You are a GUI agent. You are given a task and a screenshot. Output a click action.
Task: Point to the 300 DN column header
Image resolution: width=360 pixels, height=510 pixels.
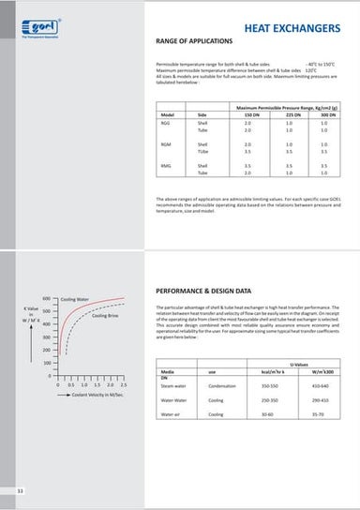[323, 115]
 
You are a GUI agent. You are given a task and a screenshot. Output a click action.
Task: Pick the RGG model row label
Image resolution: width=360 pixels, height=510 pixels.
[166, 123]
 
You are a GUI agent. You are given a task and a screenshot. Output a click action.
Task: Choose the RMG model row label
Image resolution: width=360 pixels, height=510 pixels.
[166, 165]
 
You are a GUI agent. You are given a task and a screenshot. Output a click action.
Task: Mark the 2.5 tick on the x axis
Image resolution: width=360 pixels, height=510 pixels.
[124, 384]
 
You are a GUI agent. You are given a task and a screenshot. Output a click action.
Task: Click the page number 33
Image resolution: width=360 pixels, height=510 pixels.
[20, 491]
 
